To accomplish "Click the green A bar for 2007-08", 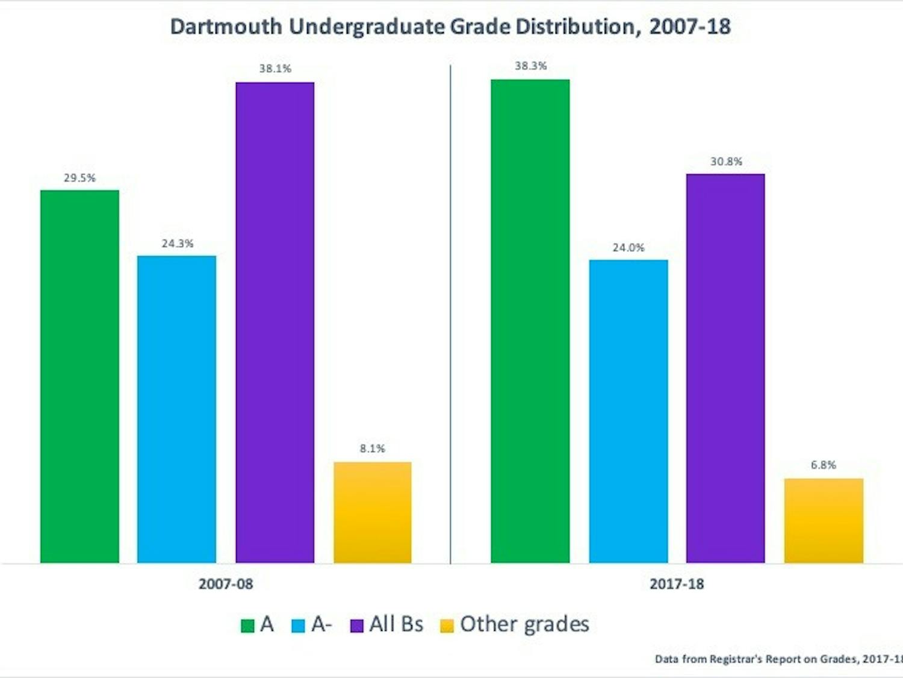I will point(79,377).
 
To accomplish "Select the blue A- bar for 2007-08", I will point(176,409).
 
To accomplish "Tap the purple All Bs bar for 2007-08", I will point(275,322).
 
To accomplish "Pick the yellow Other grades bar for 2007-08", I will point(373,512).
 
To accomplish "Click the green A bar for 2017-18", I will point(530,321).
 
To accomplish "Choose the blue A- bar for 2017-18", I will point(628,411).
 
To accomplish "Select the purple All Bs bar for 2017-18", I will point(725,368).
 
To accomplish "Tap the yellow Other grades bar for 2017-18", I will point(823,521).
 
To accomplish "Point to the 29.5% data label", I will point(79,178).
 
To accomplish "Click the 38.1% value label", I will point(275,69).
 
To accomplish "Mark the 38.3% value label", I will point(530,66).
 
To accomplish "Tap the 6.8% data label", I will point(823,465).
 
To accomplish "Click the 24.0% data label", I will point(628,248).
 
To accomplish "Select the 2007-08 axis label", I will point(226,584).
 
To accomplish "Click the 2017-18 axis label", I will point(677,584).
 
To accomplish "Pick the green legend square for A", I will point(247,626).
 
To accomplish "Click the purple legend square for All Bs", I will point(357,626).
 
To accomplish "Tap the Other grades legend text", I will point(524,624).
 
